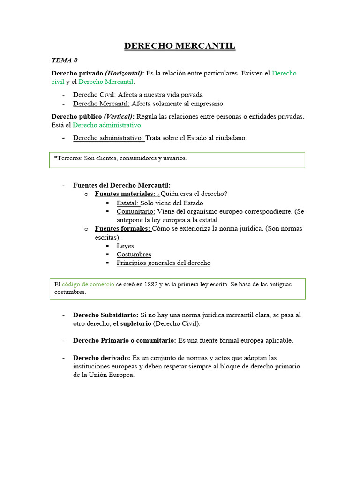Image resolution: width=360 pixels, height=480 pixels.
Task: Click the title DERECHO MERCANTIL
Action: click(180, 46)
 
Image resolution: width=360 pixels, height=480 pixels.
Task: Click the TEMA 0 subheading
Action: click(64, 60)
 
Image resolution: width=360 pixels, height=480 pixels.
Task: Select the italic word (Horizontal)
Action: click(125, 73)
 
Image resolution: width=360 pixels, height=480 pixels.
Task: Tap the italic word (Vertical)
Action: click(119, 116)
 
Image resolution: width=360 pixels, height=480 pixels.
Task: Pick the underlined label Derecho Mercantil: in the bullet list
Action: click(101, 104)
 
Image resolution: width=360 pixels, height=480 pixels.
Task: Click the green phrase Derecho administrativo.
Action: click(108, 125)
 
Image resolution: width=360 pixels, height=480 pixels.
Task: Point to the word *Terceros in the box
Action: click(68, 158)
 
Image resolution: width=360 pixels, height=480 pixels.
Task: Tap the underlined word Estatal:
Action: click(128, 203)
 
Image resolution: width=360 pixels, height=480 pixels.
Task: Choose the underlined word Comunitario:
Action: click(135, 211)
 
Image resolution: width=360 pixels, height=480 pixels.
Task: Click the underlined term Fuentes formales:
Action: click(123, 229)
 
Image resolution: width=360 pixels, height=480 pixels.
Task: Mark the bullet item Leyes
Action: click(125, 246)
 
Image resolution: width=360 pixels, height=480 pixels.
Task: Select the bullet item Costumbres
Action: click(134, 255)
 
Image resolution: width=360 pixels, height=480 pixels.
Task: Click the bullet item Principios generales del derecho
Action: click(164, 263)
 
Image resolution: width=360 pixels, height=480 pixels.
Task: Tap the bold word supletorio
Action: click(135, 323)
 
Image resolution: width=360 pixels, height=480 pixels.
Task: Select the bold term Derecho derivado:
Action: click(102, 358)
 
